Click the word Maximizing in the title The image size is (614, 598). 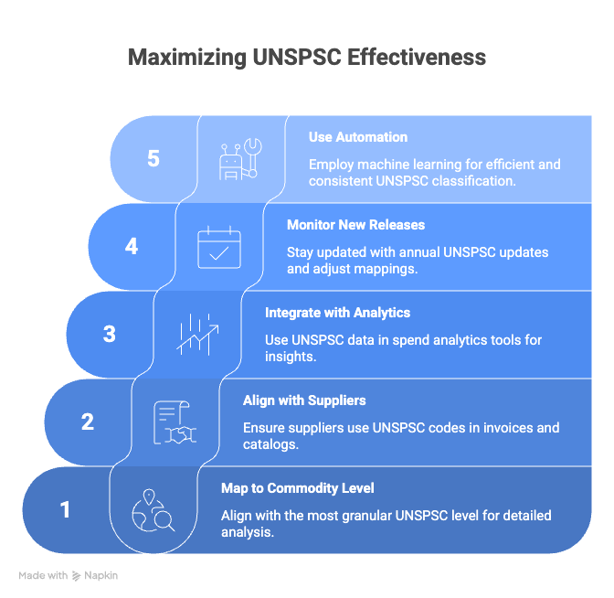[x=187, y=58]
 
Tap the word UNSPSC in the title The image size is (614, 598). [x=297, y=57]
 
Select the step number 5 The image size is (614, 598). [x=153, y=159]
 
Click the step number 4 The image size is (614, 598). [x=132, y=247]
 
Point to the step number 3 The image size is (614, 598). [x=110, y=335]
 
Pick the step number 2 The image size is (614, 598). [x=88, y=422]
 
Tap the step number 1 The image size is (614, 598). [x=65, y=510]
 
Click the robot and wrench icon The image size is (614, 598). [x=240, y=159]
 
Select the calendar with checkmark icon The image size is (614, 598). [x=219, y=247]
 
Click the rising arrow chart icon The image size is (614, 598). [x=197, y=335]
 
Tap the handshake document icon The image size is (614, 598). [x=175, y=422]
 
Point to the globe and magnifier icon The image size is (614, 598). [x=153, y=510]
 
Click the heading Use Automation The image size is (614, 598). [x=358, y=137]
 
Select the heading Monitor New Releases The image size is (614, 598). [x=355, y=225]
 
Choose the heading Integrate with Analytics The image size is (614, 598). [x=337, y=313]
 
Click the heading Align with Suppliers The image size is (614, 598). [x=304, y=400]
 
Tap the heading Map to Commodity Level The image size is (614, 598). [x=298, y=488]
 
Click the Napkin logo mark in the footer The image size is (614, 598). [x=77, y=576]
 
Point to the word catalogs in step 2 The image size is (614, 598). [x=270, y=444]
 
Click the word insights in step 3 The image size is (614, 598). [x=291, y=357]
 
